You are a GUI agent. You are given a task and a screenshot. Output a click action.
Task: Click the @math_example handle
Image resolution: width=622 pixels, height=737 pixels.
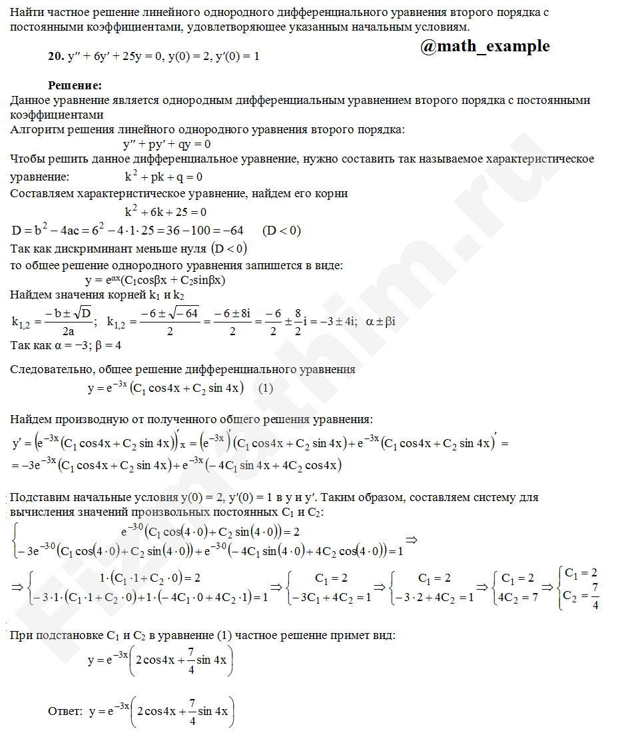(x=485, y=46)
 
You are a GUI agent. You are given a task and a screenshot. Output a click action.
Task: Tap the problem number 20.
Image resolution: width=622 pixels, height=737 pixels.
(x=55, y=57)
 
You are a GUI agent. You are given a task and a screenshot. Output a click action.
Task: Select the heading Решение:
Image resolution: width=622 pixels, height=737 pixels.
(x=75, y=86)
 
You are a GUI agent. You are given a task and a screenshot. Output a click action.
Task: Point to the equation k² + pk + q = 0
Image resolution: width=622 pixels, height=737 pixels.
(x=164, y=177)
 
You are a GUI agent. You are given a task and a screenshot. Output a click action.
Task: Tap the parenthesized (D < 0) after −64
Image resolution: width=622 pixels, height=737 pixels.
(x=282, y=231)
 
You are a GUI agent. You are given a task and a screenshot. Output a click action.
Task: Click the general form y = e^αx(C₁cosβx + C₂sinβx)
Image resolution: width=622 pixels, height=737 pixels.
(x=156, y=281)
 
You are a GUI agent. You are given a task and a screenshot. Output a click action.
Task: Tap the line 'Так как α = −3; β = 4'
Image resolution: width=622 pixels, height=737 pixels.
(x=66, y=346)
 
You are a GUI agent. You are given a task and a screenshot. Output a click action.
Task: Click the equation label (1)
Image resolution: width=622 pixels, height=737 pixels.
(x=265, y=388)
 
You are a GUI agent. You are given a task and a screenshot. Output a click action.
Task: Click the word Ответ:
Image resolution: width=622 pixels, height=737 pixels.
(x=65, y=711)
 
